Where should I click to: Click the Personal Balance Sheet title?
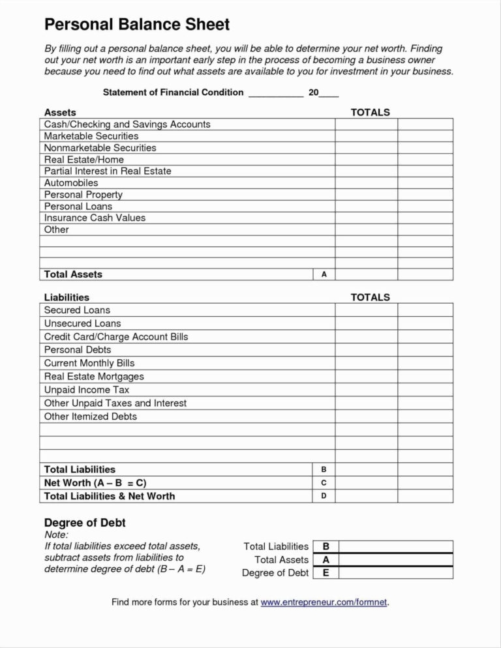[x=136, y=25]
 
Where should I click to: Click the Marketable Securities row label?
[x=91, y=136]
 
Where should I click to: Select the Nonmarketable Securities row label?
[x=100, y=147]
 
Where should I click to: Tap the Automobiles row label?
[x=70, y=183]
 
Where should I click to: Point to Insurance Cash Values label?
[x=95, y=218]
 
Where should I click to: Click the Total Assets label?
[x=73, y=274]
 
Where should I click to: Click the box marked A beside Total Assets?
[x=324, y=274]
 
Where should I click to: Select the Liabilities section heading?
[x=67, y=297]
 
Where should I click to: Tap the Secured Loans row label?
[x=77, y=310]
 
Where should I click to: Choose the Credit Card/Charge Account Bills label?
[x=115, y=336]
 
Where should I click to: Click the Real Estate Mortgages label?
[x=94, y=376]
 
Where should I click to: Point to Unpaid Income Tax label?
[x=86, y=390]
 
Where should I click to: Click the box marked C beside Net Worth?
[x=324, y=483]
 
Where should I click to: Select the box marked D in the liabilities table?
[x=324, y=496]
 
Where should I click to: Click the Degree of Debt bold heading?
[x=84, y=523]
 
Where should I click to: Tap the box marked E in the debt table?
[x=326, y=573]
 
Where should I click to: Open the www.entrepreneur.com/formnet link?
[x=324, y=602]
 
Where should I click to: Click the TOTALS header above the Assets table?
[x=370, y=112]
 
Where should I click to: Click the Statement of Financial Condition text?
[x=173, y=93]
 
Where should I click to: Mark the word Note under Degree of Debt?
[x=55, y=535]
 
